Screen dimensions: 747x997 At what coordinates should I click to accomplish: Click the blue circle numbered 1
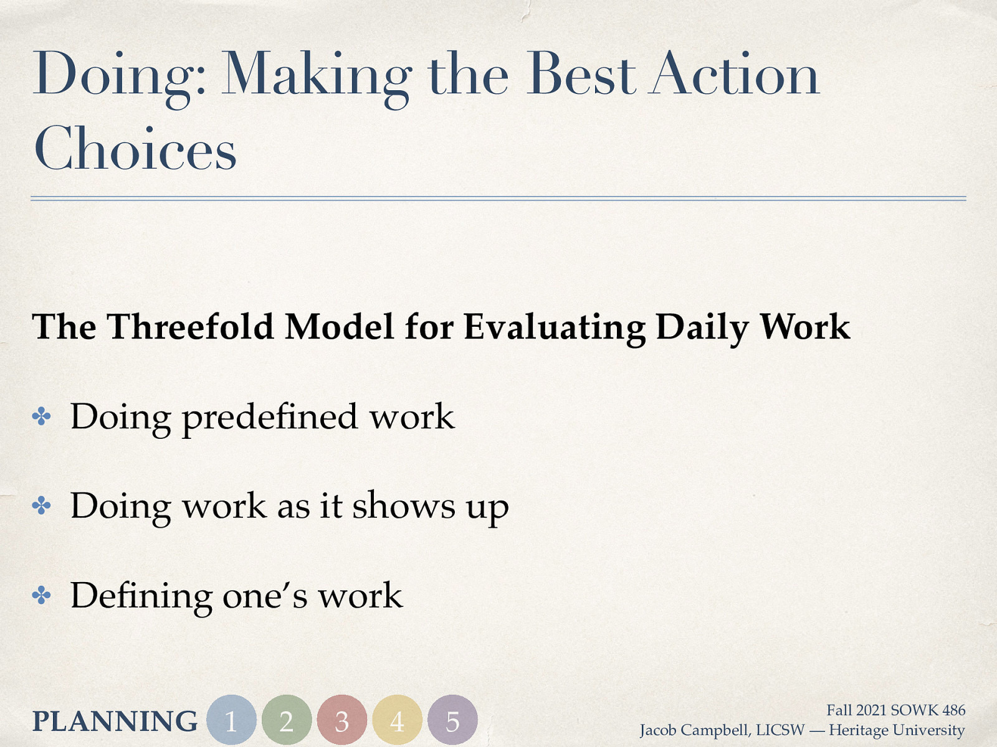click(x=231, y=720)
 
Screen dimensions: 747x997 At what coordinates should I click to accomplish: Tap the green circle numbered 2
click(x=287, y=720)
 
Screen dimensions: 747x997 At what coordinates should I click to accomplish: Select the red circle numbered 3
click(x=341, y=720)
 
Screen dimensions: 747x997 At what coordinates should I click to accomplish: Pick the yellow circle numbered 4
click(x=397, y=720)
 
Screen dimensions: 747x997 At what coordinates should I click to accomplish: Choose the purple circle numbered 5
click(x=452, y=720)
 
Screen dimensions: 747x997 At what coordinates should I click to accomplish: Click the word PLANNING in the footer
click(x=115, y=721)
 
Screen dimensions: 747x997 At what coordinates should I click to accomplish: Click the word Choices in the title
click(x=135, y=149)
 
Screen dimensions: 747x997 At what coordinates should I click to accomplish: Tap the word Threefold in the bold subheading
click(x=191, y=327)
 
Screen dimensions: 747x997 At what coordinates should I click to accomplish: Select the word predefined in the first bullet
click(x=270, y=417)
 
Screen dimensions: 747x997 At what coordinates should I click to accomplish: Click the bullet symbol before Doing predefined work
click(x=42, y=416)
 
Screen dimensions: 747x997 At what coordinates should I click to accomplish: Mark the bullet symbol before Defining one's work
click(x=42, y=596)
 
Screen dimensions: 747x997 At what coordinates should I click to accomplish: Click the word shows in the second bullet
click(x=404, y=505)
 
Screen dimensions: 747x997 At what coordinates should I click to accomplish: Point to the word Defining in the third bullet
click(x=141, y=596)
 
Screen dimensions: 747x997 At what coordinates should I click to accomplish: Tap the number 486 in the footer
click(x=953, y=710)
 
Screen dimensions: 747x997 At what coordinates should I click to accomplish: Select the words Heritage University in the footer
click(x=897, y=730)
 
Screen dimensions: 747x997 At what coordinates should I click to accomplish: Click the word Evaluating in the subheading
click(x=555, y=327)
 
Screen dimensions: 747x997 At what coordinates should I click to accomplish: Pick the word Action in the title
click(x=733, y=75)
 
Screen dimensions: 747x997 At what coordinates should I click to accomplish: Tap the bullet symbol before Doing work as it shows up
click(x=42, y=506)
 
